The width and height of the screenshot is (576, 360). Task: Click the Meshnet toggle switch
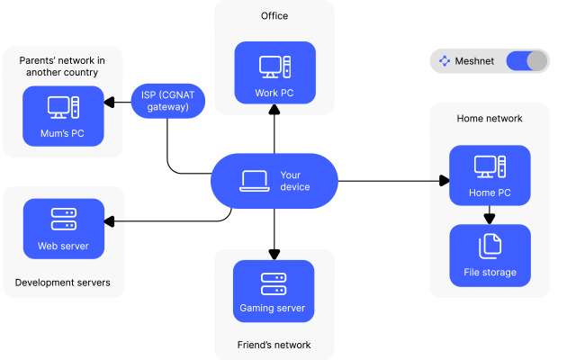(x=526, y=61)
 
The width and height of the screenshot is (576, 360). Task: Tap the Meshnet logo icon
(x=444, y=61)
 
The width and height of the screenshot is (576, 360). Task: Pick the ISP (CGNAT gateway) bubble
(x=168, y=100)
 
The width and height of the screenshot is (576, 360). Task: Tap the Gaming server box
(x=273, y=291)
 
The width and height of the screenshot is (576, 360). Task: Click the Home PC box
(x=490, y=175)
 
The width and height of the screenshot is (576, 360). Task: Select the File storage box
(x=490, y=255)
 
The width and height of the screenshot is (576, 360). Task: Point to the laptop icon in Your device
(x=253, y=181)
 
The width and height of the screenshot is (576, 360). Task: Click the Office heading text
(x=274, y=16)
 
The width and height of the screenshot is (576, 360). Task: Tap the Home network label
(x=490, y=118)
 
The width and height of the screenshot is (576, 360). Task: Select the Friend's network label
(x=274, y=345)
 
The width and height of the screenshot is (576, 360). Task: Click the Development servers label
(x=63, y=283)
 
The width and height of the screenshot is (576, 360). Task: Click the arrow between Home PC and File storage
(x=490, y=216)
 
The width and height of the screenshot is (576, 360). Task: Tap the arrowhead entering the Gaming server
(x=273, y=255)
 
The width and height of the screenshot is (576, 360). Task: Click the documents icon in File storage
(x=490, y=244)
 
